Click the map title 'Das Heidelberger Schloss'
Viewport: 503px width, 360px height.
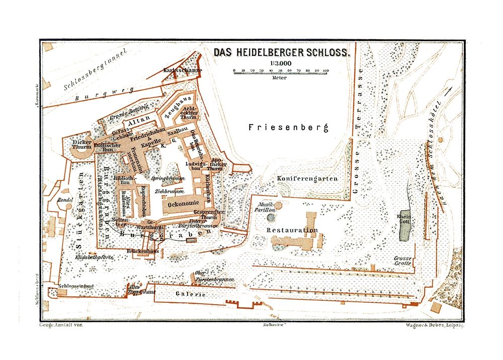pyautogui.click(x=285, y=52)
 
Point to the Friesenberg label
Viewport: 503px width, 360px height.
pyautogui.click(x=288, y=128)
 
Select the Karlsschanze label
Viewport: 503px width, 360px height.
pyautogui.click(x=182, y=70)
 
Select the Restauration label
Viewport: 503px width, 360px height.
pyautogui.click(x=292, y=230)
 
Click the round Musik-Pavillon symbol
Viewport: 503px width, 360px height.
pyautogui.click(x=272, y=218)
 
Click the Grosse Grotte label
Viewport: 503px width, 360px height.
pyautogui.click(x=403, y=261)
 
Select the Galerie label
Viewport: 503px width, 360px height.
pyautogui.click(x=191, y=294)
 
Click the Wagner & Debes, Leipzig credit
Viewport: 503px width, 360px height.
pyautogui.click(x=435, y=325)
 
